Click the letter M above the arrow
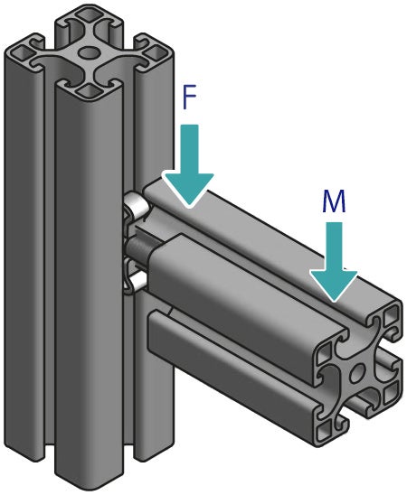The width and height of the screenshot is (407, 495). pyautogui.click(x=334, y=201)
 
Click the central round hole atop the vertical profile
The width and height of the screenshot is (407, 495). pyautogui.click(x=89, y=53)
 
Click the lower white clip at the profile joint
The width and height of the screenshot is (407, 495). pyautogui.click(x=134, y=283)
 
